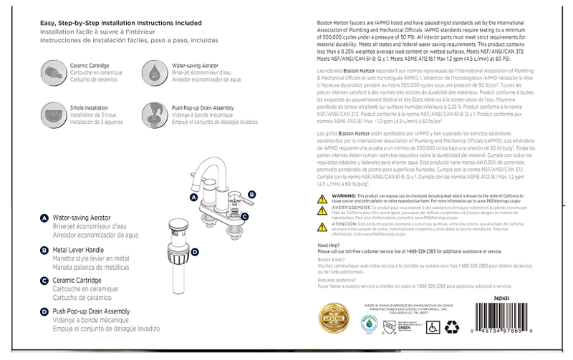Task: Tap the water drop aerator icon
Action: tap(154, 71)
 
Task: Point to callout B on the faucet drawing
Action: tap(251, 194)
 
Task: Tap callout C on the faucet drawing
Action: tap(244, 216)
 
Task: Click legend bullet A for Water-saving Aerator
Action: tap(44, 218)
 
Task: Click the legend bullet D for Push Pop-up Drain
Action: tap(44, 312)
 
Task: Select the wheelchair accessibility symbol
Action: tap(432, 327)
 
